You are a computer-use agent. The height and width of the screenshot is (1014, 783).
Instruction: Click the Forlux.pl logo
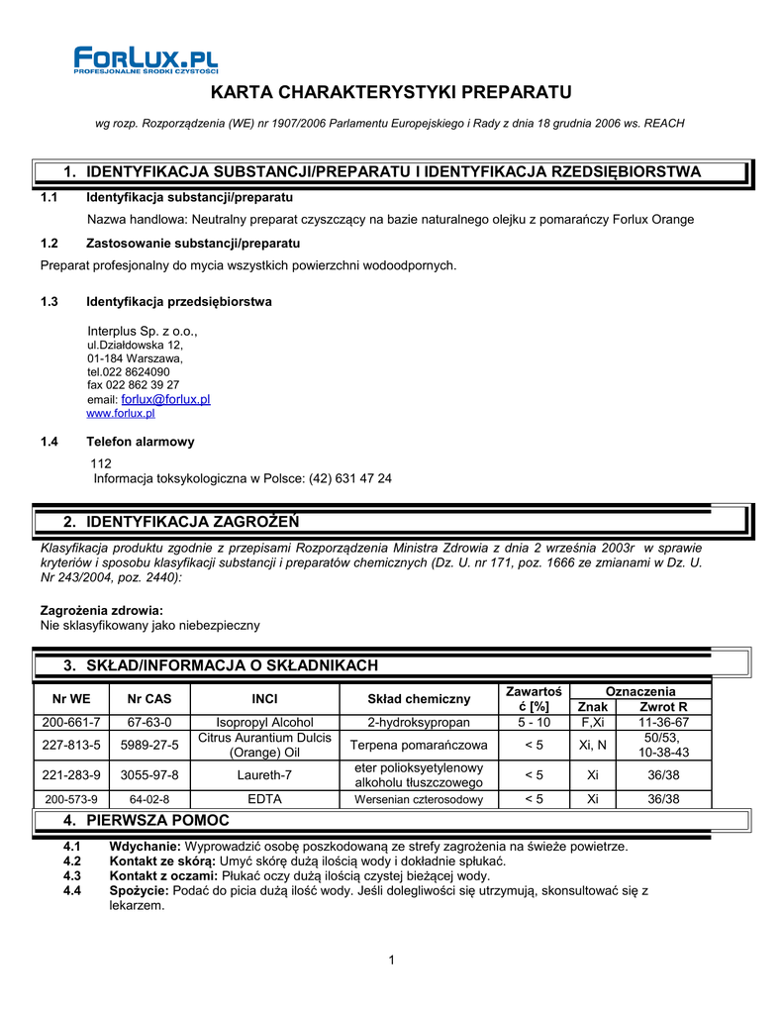click(x=146, y=59)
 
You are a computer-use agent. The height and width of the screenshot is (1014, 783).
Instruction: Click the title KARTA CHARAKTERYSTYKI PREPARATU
click(x=391, y=93)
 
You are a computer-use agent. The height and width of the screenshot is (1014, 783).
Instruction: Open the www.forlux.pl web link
click(x=121, y=413)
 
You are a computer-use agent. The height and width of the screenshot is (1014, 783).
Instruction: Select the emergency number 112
click(x=101, y=463)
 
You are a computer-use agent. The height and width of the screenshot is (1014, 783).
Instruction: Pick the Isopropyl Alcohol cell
click(x=264, y=723)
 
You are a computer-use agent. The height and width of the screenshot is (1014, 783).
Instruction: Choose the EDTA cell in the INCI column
click(x=264, y=799)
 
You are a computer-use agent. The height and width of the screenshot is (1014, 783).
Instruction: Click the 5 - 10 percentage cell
click(x=534, y=723)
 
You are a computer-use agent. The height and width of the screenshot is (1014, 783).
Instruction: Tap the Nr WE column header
click(x=71, y=698)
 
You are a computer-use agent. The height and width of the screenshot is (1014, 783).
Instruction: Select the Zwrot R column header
click(x=663, y=707)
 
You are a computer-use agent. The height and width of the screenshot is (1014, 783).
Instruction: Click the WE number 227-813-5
click(x=71, y=745)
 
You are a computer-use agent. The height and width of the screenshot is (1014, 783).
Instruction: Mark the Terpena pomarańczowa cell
click(x=419, y=745)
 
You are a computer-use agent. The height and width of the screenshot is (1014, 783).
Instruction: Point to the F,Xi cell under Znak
click(x=593, y=723)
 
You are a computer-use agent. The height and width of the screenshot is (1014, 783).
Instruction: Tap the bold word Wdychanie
click(x=145, y=847)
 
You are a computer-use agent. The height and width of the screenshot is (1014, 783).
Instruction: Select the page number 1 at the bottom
click(x=392, y=960)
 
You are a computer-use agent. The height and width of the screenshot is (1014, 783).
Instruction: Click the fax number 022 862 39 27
click(x=134, y=384)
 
